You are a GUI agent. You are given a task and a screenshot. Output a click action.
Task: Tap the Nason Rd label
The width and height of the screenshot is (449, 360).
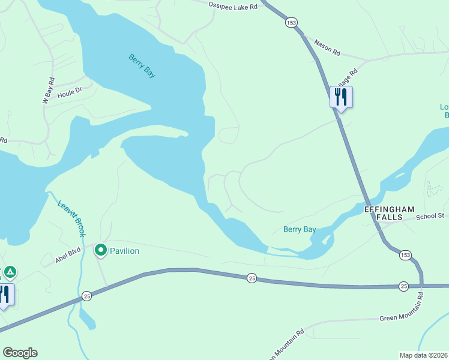(327, 48)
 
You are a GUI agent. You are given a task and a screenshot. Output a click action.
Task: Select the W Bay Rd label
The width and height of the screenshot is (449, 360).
(49, 91)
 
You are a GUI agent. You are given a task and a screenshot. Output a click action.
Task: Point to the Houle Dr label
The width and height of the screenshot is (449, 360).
(69, 94)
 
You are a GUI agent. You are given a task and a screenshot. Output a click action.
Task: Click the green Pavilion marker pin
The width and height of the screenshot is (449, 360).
(101, 250)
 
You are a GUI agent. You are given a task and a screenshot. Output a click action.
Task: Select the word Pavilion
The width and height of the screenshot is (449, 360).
(124, 251)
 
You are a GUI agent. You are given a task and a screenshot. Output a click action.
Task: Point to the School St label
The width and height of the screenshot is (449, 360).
(429, 216)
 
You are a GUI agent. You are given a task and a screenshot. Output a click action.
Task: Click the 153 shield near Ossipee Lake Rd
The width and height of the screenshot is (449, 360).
(291, 22)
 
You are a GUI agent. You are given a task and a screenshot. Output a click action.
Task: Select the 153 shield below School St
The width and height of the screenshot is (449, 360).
(406, 255)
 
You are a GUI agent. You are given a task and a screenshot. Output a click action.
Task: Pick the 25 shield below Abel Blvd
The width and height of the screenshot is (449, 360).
(87, 296)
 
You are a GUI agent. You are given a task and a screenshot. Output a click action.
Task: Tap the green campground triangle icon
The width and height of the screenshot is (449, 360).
(10, 272)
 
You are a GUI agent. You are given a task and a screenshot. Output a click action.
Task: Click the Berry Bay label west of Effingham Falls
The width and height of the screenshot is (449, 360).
(300, 229)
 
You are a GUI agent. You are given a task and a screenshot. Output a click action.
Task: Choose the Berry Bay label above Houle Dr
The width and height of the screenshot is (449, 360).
(142, 65)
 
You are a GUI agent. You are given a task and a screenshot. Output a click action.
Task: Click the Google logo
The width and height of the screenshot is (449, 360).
(20, 353)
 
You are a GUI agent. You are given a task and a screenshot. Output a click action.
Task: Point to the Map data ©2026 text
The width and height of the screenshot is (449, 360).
(423, 355)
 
